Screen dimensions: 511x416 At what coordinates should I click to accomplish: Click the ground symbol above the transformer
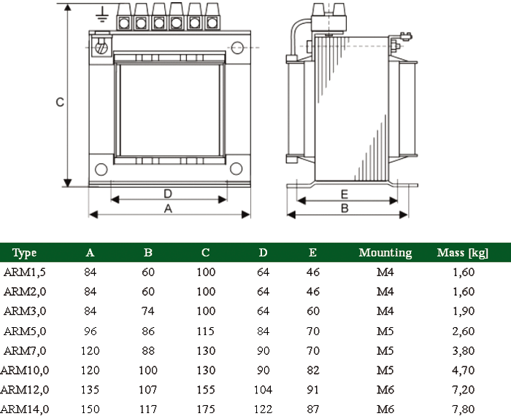tap(102, 15)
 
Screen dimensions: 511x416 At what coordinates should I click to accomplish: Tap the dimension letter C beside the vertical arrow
tap(60, 102)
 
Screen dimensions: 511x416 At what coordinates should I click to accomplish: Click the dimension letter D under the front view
tap(168, 194)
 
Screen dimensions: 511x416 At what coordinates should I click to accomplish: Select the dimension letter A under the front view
tap(168, 208)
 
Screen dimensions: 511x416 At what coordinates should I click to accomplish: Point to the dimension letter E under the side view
tap(345, 195)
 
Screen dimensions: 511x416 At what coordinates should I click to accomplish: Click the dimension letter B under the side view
tap(345, 208)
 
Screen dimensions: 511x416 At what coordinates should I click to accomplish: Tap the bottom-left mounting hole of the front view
tap(101, 170)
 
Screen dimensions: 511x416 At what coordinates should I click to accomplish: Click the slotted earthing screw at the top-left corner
tap(101, 47)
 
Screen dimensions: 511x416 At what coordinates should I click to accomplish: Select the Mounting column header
tap(385, 253)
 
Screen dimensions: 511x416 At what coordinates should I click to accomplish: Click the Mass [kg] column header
tap(463, 253)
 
